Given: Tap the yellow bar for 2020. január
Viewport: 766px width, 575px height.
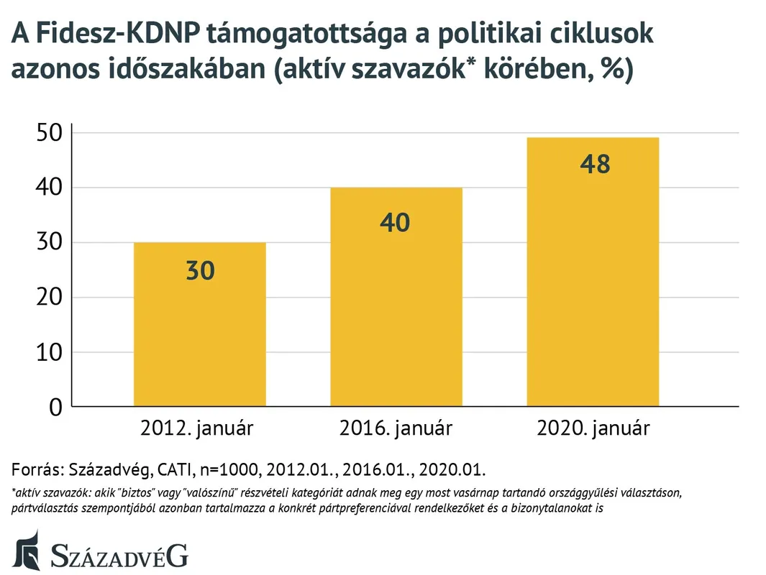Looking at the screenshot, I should tap(593, 287).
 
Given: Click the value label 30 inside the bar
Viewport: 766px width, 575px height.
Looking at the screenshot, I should tap(200, 271).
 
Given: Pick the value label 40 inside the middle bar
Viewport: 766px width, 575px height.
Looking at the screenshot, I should tap(396, 222).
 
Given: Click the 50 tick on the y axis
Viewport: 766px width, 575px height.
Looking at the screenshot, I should tap(50, 133).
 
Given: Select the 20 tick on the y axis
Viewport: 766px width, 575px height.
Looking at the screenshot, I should tap(50, 298).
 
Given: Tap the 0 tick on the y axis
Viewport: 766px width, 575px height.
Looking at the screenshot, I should tap(57, 408).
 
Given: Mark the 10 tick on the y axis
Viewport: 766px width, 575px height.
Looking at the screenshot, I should tap(50, 352).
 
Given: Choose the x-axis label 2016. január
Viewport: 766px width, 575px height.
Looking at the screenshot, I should tap(396, 429).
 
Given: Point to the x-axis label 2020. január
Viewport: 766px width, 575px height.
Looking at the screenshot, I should tap(593, 429).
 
